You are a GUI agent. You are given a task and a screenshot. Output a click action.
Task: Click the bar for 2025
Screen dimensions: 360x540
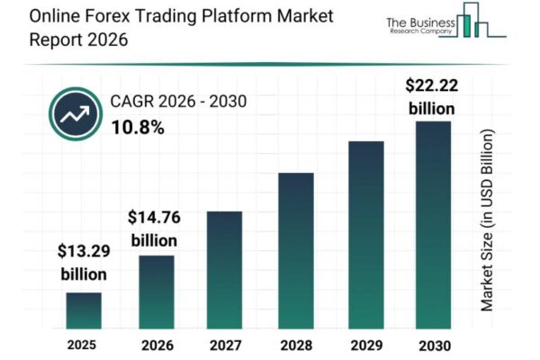[83, 310]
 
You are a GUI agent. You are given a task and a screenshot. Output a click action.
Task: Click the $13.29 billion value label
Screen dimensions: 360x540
[83, 262]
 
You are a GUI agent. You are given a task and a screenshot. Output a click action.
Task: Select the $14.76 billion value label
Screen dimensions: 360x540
[154, 228]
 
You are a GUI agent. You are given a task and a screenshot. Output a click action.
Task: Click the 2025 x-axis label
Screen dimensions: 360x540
[83, 344]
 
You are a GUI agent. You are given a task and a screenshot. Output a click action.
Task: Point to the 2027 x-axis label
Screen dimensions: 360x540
[225, 344]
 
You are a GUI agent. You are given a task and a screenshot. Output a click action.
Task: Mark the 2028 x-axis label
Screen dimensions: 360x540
[295, 344]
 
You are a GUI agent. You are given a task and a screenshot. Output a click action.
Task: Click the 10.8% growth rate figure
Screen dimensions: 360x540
[138, 128]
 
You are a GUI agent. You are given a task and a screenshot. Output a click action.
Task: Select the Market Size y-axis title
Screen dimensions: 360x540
[488, 220]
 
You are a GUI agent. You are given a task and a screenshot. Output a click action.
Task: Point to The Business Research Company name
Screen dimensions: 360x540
[418, 26]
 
